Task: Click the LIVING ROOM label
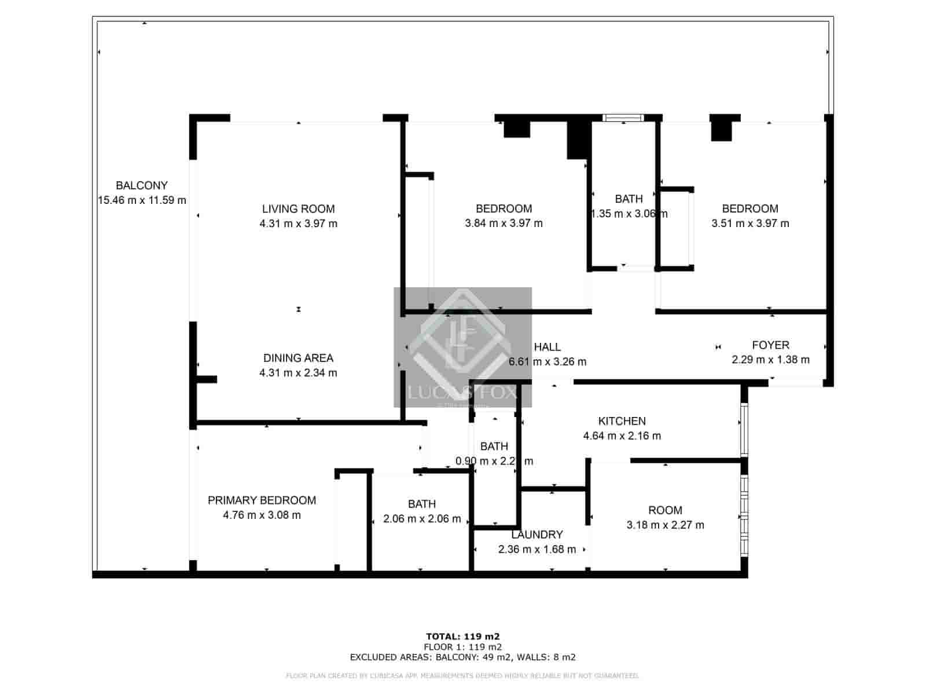pyautogui.click(x=298, y=209)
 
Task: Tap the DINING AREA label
pyautogui.click(x=298, y=358)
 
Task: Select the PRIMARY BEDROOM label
pyautogui.click(x=262, y=500)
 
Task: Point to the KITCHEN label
pyautogui.click(x=622, y=421)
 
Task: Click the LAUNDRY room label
pyautogui.click(x=537, y=535)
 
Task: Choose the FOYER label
pyautogui.click(x=770, y=345)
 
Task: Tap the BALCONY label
pyautogui.click(x=142, y=185)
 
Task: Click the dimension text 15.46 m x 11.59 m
pyautogui.click(x=142, y=200)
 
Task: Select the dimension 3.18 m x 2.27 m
pyautogui.click(x=665, y=525)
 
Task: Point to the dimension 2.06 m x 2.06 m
pyautogui.click(x=422, y=519)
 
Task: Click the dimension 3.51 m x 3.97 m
pyautogui.click(x=750, y=224)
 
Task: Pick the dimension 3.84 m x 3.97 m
pyautogui.click(x=504, y=224)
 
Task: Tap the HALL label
pyautogui.click(x=547, y=347)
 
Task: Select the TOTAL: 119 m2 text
pyautogui.click(x=462, y=637)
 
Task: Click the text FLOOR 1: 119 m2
pyautogui.click(x=462, y=647)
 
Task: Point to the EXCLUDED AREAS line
pyautogui.click(x=462, y=657)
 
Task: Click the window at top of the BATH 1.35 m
pyautogui.click(x=623, y=118)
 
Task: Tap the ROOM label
pyautogui.click(x=665, y=510)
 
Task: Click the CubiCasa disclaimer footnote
pyautogui.click(x=462, y=676)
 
